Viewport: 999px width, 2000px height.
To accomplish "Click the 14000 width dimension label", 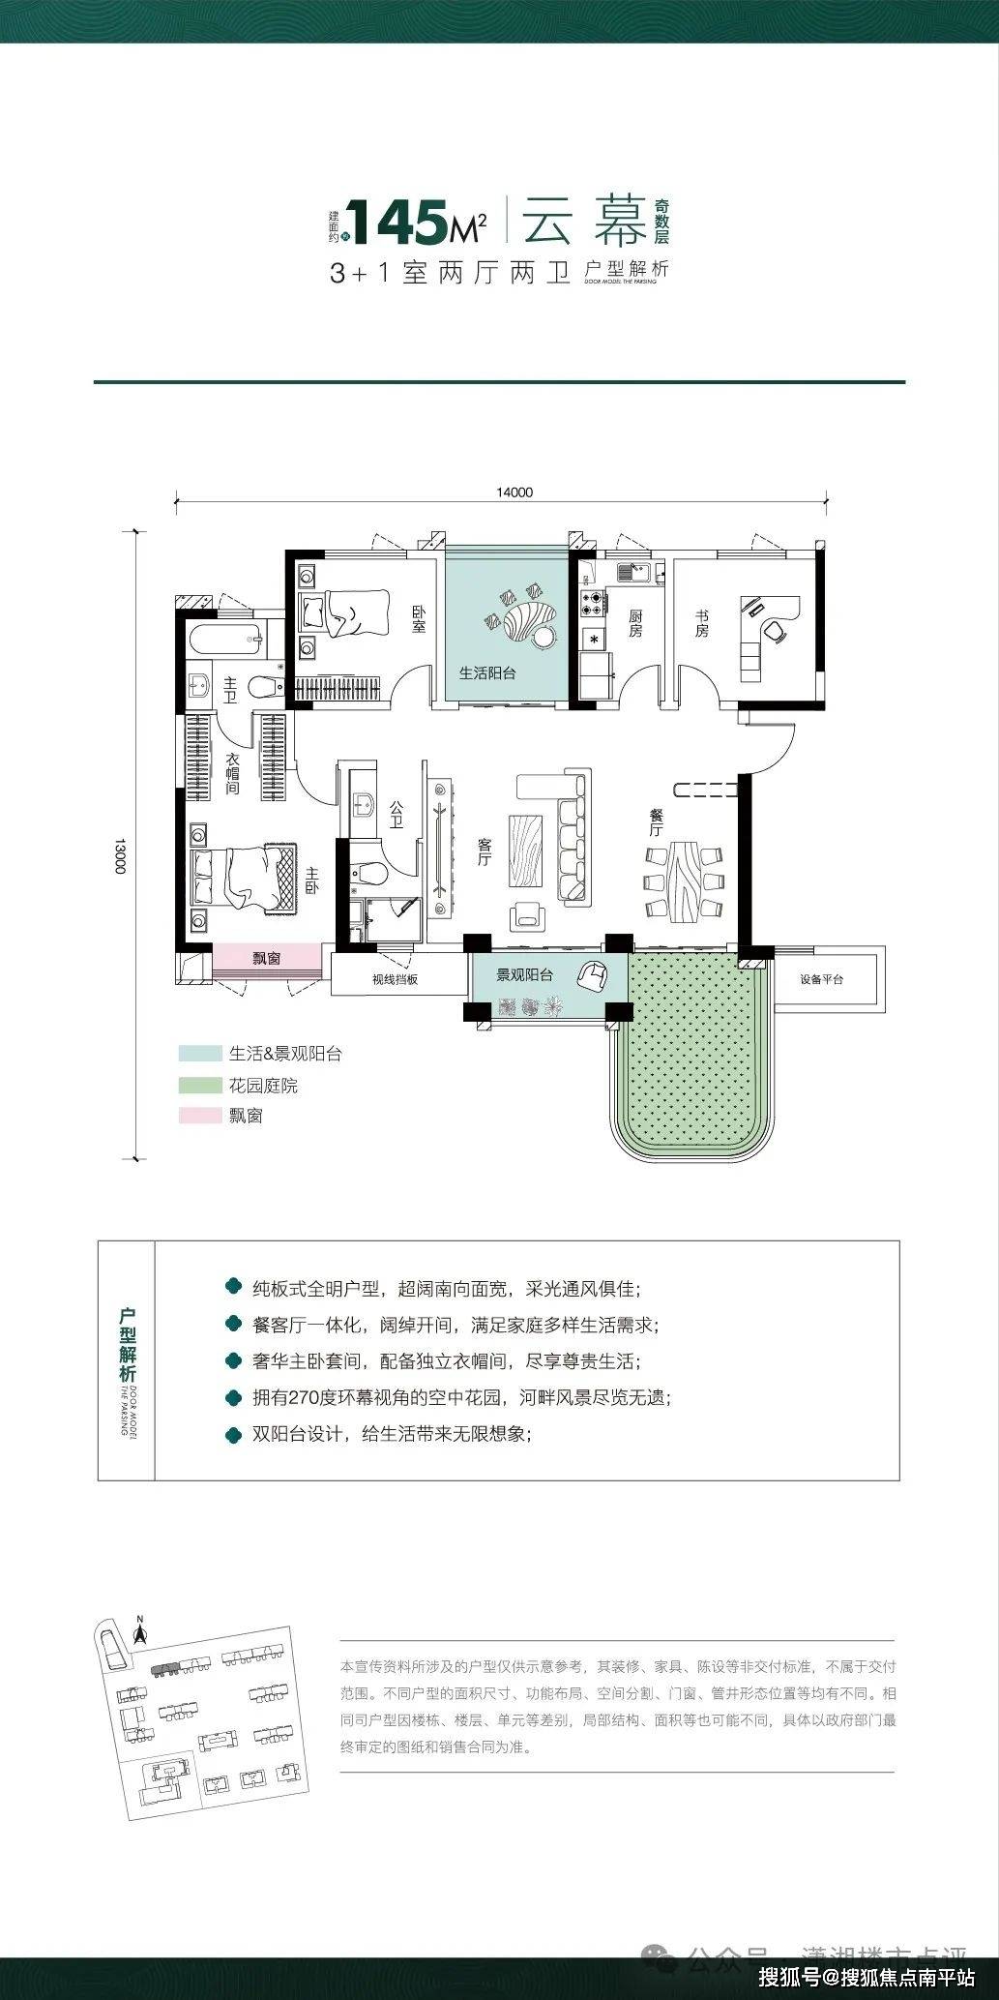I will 514,492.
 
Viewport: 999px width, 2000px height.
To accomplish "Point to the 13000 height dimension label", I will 121,855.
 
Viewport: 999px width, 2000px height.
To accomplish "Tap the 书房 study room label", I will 701,623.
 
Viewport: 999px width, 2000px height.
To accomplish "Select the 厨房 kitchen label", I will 635,623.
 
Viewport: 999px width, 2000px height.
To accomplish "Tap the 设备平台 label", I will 822,979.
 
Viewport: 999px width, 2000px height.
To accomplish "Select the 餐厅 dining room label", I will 656,822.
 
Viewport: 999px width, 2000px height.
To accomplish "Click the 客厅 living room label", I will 485,852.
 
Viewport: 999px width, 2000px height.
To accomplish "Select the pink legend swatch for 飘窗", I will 194,1116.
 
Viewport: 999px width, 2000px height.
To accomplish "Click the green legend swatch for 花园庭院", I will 194,1086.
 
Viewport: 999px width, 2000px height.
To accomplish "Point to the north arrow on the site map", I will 140,1633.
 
